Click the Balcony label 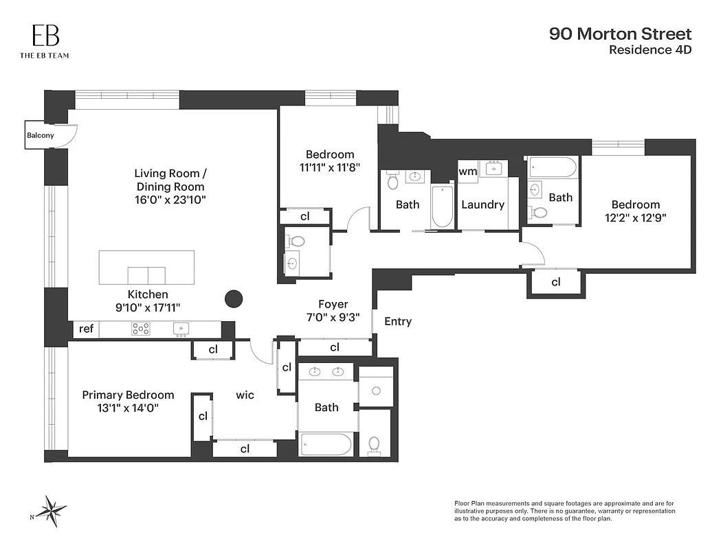[x=40, y=135]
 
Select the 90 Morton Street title [x=620, y=34]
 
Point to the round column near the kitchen [x=234, y=299]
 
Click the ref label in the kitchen [x=86, y=329]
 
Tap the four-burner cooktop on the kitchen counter [x=141, y=329]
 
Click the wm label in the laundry [x=467, y=171]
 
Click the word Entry [x=398, y=321]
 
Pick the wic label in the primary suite [x=245, y=395]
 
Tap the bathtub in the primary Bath [x=326, y=444]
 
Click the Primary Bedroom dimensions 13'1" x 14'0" [x=129, y=408]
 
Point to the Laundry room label [x=482, y=205]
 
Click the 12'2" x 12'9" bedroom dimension [x=635, y=218]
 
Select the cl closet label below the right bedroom [x=555, y=282]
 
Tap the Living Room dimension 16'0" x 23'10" [x=169, y=200]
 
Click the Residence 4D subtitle [x=650, y=50]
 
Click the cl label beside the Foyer [x=335, y=347]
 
